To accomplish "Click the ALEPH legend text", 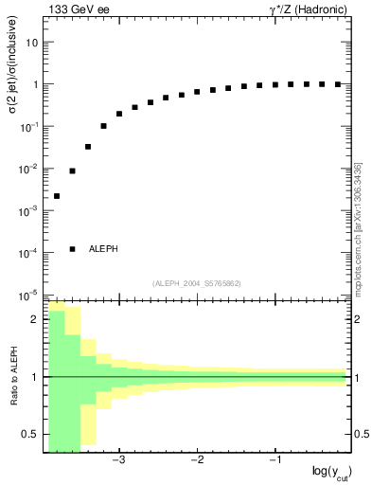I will (x=103, y=249).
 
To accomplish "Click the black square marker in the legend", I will (x=73, y=249).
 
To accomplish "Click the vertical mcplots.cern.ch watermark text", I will (x=357, y=227).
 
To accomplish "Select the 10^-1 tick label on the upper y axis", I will (x=29, y=126).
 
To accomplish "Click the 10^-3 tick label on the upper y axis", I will (x=29, y=210).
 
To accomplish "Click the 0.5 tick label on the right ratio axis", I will (x=361, y=435).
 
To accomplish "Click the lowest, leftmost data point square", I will (x=57, y=196).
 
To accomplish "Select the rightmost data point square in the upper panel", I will (x=337, y=84).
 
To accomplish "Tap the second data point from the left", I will (x=73, y=171).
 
